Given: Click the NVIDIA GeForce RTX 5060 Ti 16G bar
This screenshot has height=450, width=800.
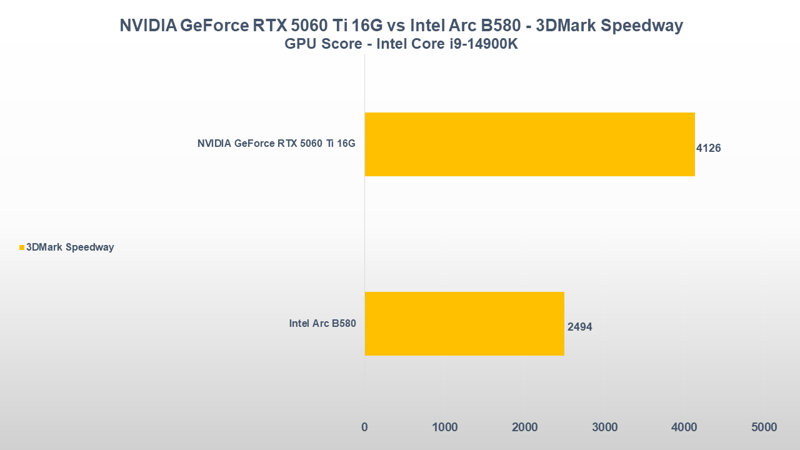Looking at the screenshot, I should click(x=529, y=144).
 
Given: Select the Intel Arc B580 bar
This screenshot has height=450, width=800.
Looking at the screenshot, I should click(x=464, y=324).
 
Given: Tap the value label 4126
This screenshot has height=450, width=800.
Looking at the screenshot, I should click(x=709, y=149).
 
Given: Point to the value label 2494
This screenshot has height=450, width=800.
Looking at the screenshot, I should click(x=580, y=327).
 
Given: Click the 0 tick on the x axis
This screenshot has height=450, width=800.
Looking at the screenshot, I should click(x=364, y=427).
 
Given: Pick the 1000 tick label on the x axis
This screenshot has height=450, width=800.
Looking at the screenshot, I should click(x=444, y=427).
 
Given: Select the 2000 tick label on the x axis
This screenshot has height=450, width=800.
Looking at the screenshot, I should click(x=524, y=427).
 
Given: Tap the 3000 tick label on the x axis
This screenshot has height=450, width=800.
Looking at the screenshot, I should click(x=604, y=427).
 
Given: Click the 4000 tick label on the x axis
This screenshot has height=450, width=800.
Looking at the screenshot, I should click(x=684, y=427).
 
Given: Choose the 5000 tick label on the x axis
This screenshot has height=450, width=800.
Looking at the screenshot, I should click(x=764, y=427).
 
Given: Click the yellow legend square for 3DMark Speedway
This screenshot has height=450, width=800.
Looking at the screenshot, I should click(x=22, y=247).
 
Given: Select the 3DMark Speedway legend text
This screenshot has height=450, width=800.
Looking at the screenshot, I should click(x=70, y=247).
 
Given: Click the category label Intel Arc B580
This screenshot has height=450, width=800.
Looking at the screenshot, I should click(x=322, y=324).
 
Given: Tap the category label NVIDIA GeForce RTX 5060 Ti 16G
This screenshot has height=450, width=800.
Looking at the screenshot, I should click(x=276, y=144).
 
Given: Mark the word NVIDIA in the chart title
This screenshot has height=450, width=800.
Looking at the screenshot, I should click(x=147, y=26).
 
